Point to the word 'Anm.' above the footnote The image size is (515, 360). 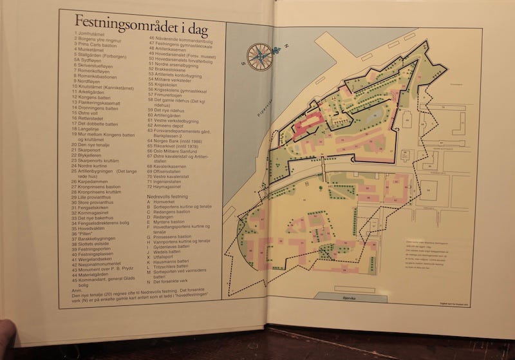[x=79, y=290]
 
